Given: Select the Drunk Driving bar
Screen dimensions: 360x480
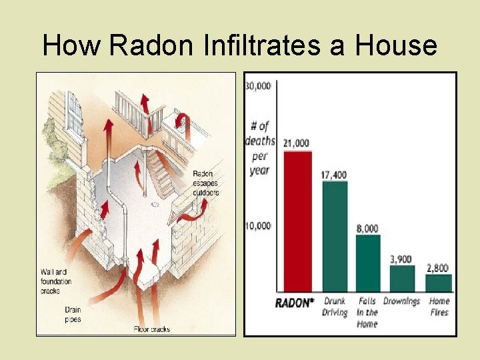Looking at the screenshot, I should click(x=335, y=237).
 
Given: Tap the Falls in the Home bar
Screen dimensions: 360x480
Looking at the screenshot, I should click(x=367, y=263).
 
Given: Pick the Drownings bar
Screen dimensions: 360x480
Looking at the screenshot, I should click(x=401, y=279).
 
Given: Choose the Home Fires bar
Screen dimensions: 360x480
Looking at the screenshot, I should click(x=439, y=283).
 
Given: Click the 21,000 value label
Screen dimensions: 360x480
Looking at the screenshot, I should click(x=296, y=143).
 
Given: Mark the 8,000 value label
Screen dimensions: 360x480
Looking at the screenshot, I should click(x=367, y=228).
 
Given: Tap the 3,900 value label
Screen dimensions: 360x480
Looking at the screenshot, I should click(x=401, y=259).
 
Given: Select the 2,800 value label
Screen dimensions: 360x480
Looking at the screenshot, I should click(x=439, y=267).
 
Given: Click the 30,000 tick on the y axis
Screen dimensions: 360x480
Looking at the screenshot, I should click(x=258, y=85).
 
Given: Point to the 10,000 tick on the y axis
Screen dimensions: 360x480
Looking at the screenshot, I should click(x=258, y=225).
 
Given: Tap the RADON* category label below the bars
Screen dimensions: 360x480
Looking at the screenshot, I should click(x=294, y=303).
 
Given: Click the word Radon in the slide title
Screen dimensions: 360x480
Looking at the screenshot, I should click(x=149, y=46).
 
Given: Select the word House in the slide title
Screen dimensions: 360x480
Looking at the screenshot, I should click(x=396, y=46).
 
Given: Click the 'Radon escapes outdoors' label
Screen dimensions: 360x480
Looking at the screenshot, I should click(x=205, y=183).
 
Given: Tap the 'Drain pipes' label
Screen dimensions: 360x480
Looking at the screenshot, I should click(x=73, y=314).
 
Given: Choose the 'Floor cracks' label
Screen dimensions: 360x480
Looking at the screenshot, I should click(x=152, y=329).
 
